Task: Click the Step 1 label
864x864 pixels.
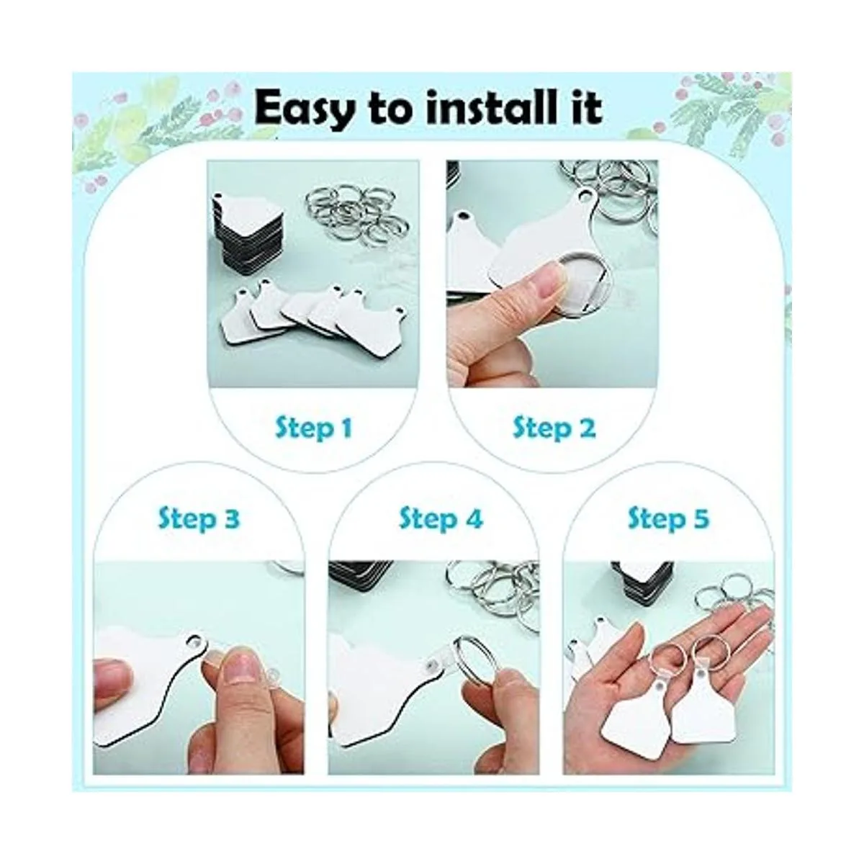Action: tap(313, 429)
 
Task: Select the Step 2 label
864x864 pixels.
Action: tap(554, 429)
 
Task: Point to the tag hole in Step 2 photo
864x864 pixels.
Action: tap(584, 194)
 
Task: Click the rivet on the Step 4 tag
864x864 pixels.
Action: tap(430, 675)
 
